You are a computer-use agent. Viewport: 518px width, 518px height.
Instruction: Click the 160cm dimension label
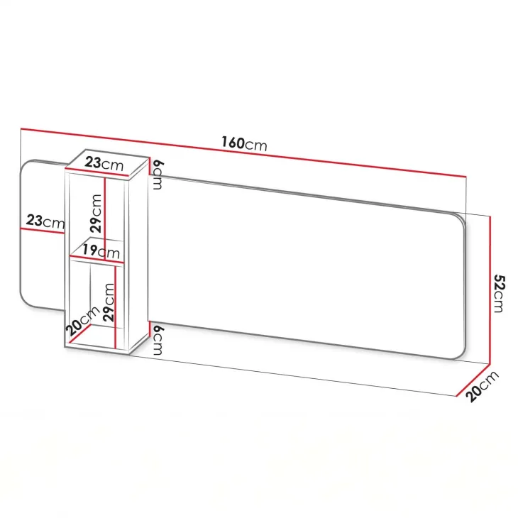pos(244,144)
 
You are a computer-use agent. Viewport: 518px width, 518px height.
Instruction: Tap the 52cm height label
pos(499,293)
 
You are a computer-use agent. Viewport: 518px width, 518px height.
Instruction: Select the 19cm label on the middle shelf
pos(101,251)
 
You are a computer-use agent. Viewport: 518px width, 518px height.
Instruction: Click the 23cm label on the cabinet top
pos(104,163)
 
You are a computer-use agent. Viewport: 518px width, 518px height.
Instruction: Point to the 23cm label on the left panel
pos(45,221)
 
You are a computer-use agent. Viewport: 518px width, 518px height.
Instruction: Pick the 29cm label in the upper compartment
pos(96,214)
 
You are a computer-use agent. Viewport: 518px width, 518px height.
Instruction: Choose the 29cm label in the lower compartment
pos(109,302)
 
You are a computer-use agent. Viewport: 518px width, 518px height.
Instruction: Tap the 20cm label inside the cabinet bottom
pos(82,321)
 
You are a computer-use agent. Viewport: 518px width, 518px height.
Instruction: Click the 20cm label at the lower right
pos(482,386)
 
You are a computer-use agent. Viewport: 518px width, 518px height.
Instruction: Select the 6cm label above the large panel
pos(158,175)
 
